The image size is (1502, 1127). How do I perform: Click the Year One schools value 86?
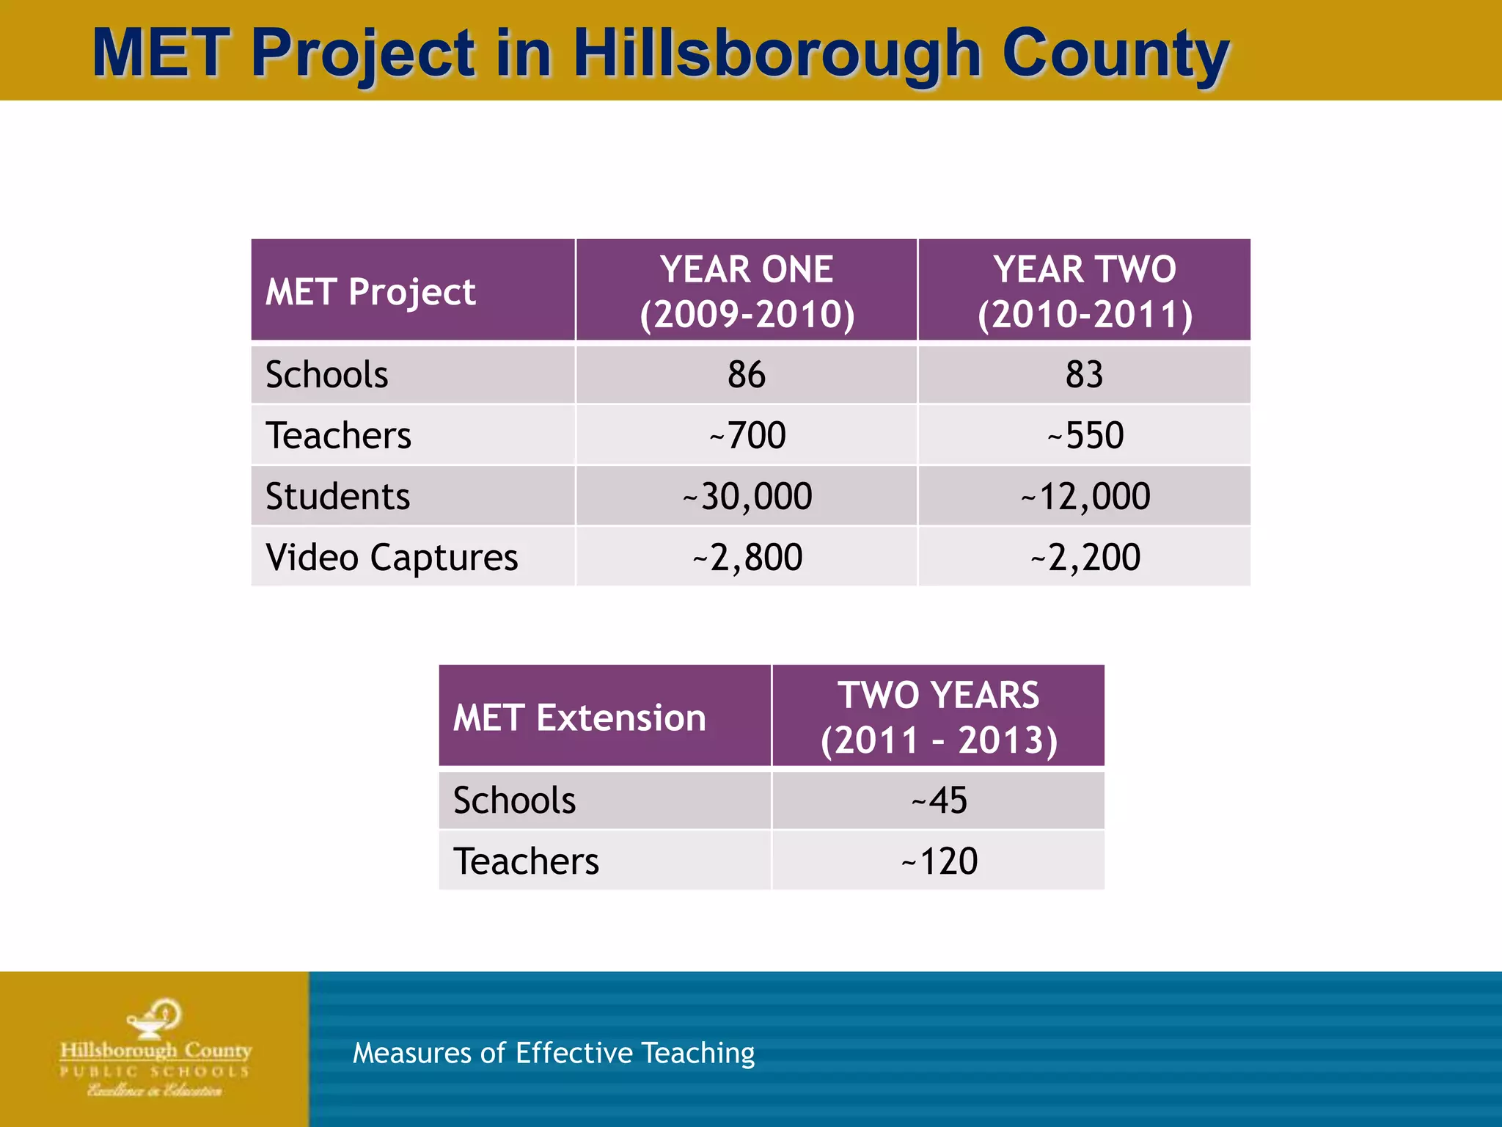747,375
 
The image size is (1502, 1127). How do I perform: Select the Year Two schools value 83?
1084,375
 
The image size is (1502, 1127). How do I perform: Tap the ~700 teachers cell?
747,436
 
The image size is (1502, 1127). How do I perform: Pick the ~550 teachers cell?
1085,436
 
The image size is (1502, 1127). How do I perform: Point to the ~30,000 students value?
747,497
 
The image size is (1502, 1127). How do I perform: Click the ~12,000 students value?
1085,497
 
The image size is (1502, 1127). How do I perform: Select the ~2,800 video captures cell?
747,558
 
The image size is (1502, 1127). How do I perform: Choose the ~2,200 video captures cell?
1085,558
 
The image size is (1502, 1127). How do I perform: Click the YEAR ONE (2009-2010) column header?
747,291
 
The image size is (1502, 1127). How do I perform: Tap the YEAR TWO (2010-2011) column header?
1085,291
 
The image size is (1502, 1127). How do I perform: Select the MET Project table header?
370,292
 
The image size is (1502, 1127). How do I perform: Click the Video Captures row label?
392,558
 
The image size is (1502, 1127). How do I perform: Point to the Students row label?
337,497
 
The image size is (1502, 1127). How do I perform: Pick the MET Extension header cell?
579,718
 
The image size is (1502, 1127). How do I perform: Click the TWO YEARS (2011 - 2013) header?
939,717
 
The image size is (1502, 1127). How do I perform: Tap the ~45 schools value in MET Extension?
939,800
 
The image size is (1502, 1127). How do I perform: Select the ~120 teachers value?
939,861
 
